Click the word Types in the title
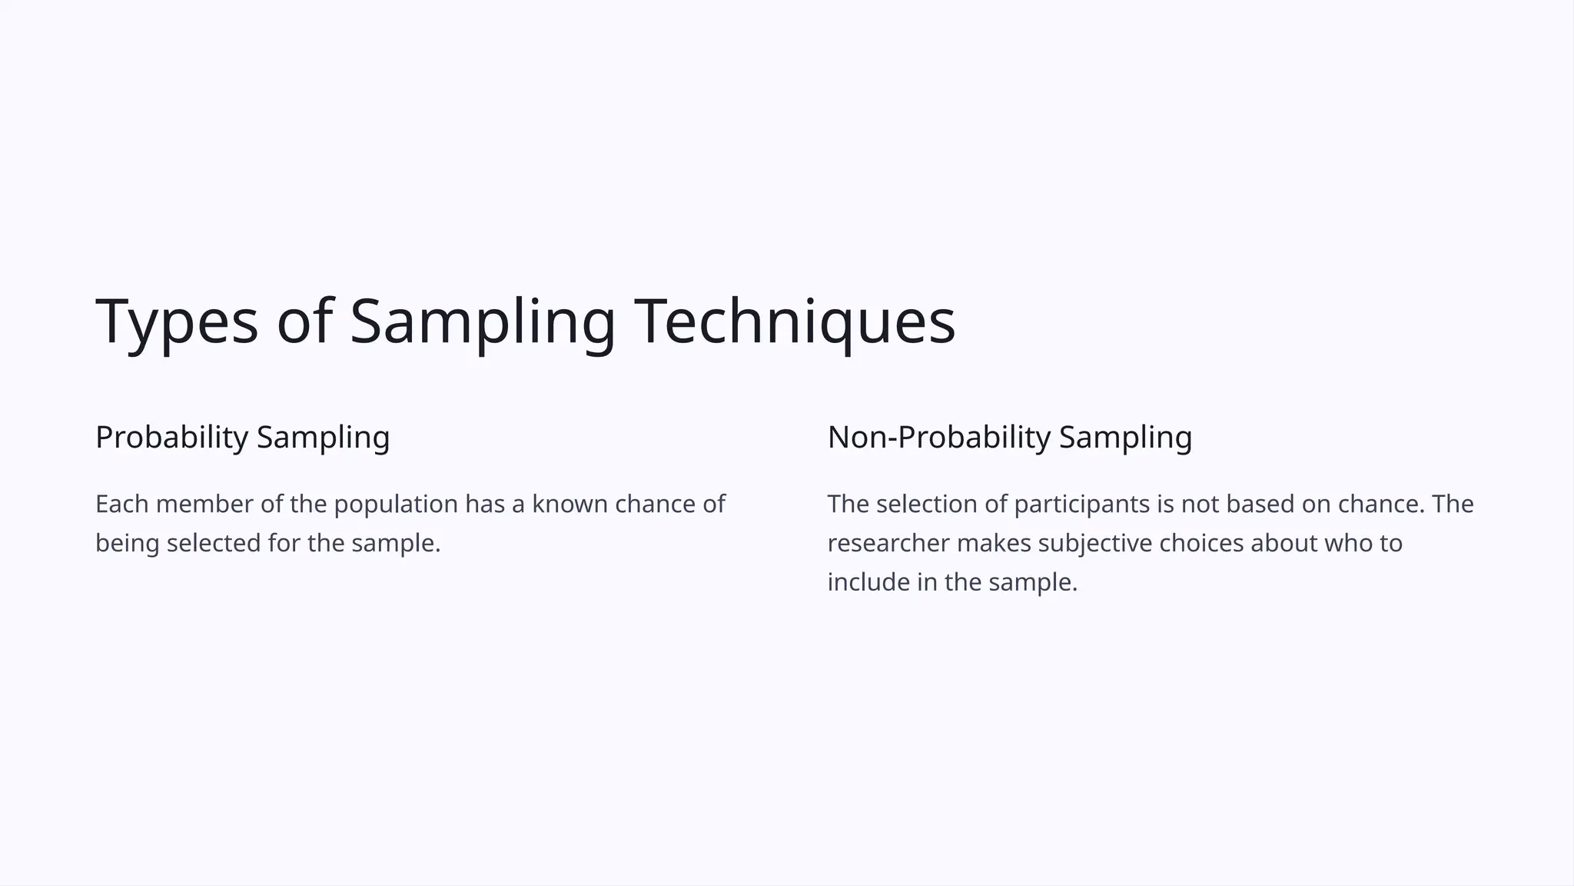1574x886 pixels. tap(176, 321)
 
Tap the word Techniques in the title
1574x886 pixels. tap(795, 321)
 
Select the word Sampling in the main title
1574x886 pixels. tap(483, 321)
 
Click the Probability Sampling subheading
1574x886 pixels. tap(242, 437)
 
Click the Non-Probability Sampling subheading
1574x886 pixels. tap(1009, 437)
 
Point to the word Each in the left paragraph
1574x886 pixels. tap(121, 504)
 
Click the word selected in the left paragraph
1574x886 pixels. tap(214, 543)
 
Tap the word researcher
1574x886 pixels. tap(888, 543)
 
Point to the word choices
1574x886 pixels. tap(1200, 543)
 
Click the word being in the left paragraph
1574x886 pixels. tap(127, 544)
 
